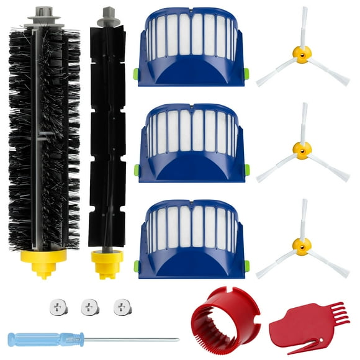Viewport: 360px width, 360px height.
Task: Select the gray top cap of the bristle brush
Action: click(43, 15)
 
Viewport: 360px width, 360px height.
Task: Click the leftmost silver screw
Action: click(55, 305)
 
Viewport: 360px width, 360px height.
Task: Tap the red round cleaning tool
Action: click(215, 323)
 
